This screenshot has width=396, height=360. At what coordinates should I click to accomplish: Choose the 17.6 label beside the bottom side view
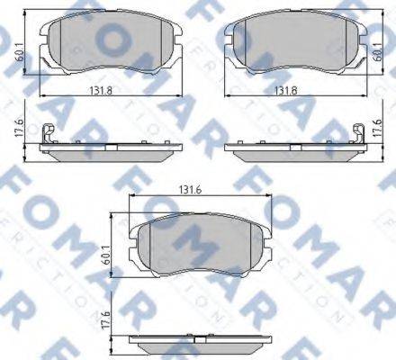(x=105, y=319)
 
